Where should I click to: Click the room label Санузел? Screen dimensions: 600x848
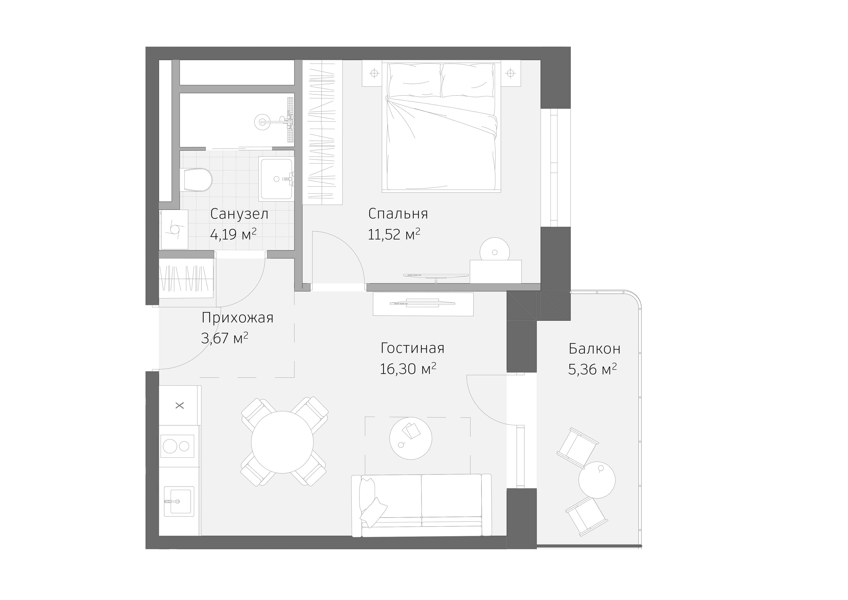pyautogui.click(x=239, y=214)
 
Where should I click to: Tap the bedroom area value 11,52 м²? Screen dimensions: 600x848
pyautogui.click(x=394, y=234)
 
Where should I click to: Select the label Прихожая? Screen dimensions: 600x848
pyautogui.click(x=237, y=318)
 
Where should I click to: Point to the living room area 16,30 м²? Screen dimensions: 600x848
pyautogui.click(x=408, y=369)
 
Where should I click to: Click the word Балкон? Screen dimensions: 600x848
pyautogui.click(x=594, y=349)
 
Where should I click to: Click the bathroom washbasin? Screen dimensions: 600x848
pyautogui.click(x=276, y=179)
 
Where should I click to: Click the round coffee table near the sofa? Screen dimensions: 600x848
pyautogui.click(x=410, y=438)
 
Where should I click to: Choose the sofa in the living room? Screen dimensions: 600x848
pyautogui.click(x=421, y=505)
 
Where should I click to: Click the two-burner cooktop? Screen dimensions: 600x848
pyautogui.click(x=177, y=446)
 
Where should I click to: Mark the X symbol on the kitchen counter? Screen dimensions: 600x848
pyautogui.click(x=180, y=406)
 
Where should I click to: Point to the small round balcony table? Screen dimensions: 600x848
pyautogui.click(x=597, y=480)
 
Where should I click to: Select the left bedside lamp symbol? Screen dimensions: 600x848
pyautogui.click(x=374, y=73)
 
